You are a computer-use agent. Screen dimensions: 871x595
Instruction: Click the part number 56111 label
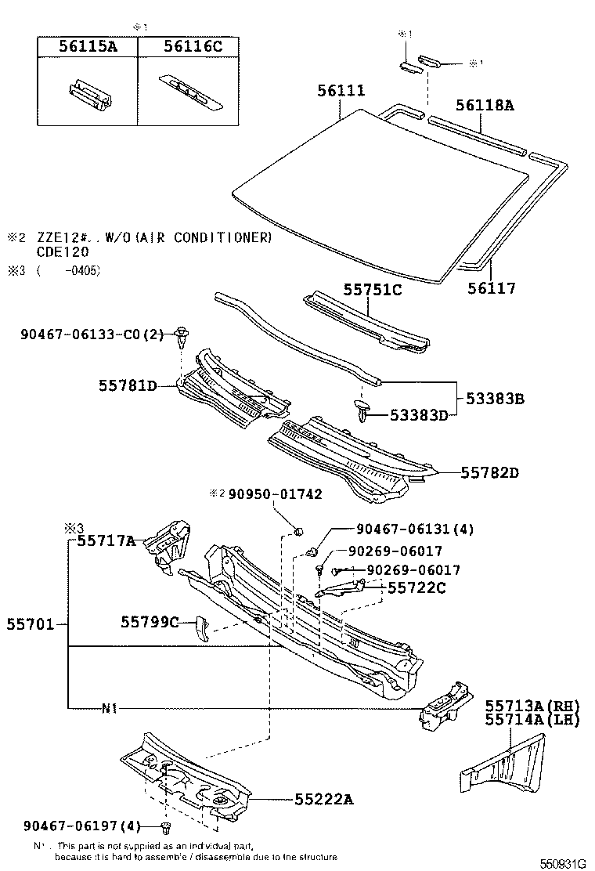341,92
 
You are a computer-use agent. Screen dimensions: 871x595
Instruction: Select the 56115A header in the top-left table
88,47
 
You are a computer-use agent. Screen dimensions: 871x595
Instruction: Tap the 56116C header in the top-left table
193,47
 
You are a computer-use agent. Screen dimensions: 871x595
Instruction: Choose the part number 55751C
372,290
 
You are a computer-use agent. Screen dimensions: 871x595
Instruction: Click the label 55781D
128,385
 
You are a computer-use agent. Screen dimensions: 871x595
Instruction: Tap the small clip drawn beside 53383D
362,409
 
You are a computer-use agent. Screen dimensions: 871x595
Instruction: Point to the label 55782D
490,472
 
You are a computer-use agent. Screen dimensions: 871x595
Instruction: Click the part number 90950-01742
275,494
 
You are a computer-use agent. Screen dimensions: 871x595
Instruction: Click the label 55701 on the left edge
31,624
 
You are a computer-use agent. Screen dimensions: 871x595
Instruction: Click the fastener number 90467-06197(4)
82,825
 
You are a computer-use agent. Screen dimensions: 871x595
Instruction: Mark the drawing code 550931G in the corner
562,863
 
